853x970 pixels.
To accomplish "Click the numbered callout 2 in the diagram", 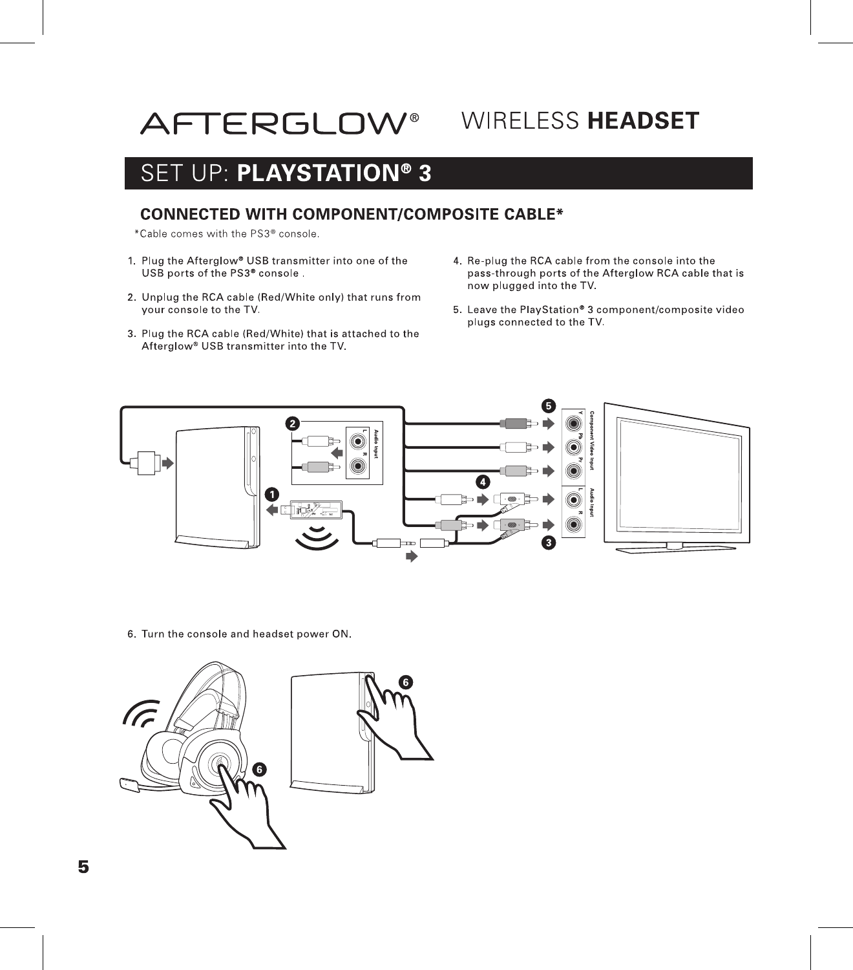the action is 293,424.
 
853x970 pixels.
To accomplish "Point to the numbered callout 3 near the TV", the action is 549,543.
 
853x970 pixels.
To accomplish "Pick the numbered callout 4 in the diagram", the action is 482,481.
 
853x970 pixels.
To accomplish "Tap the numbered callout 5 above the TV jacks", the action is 549,405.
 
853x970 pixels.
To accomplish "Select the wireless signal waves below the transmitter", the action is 317,537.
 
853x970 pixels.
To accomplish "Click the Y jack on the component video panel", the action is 573,424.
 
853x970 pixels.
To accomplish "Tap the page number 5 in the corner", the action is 83,867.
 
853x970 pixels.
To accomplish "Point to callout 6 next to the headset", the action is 258,770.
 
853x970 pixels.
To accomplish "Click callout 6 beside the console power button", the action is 405,682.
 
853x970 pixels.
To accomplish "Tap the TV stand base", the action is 675,549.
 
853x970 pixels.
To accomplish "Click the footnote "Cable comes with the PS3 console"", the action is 227,233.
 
